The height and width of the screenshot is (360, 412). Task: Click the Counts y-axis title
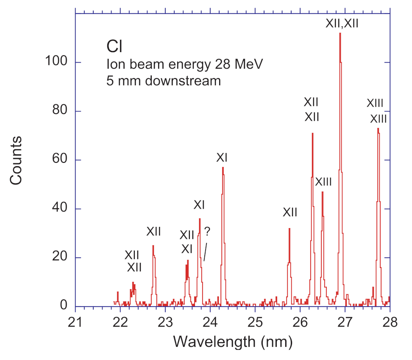point(16,160)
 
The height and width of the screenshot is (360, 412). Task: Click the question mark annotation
point(207,232)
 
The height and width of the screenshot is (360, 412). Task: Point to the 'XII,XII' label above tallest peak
point(342,23)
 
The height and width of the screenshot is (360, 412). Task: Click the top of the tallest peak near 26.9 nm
point(340,33)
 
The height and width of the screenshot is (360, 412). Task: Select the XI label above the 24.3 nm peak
point(223,158)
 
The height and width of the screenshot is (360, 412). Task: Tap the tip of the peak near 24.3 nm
point(223,168)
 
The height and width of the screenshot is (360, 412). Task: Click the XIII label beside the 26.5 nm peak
point(323,182)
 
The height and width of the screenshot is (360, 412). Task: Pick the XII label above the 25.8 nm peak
point(290,212)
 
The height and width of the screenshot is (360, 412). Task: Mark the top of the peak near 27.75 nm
point(378,129)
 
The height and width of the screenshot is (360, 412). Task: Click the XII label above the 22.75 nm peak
point(154,231)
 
